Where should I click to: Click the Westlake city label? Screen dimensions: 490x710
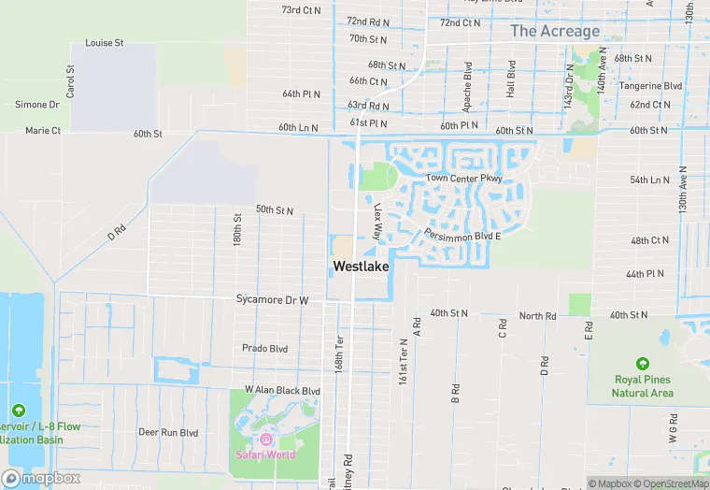click(x=361, y=267)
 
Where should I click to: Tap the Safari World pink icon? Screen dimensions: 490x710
click(x=266, y=440)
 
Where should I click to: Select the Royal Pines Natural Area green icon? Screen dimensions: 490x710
click(x=643, y=363)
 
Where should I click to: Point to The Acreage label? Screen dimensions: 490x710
click(x=555, y=31)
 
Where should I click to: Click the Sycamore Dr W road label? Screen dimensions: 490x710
click(x=272, y=300)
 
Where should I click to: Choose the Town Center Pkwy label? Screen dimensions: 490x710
click(x=464, y=178)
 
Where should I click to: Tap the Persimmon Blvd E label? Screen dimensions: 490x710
click(x=462, y=236)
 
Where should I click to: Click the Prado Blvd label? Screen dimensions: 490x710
click(x=265, y=348)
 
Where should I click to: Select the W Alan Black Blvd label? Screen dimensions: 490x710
click(x=282, y=390)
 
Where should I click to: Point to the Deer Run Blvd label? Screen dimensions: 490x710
click(x=168, y=432)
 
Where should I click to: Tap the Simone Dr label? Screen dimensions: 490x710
click(x=37, y=105)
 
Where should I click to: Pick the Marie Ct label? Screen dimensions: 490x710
click(x=43, y=131)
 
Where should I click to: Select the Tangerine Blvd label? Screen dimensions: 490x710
click(x=650, y=86)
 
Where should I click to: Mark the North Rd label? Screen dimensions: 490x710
click(x=537, y=316)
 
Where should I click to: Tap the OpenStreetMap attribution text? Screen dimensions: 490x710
click(x=669, y=483)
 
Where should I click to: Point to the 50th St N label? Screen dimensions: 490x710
click(x=275, y=210)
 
